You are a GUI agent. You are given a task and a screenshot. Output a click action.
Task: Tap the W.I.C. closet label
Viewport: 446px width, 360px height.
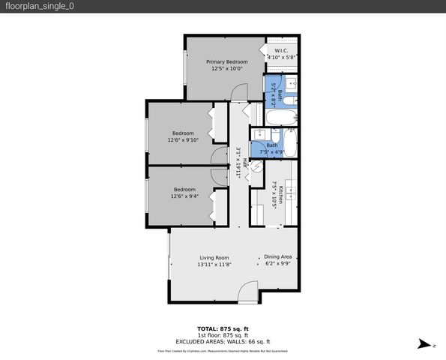pos(282,50)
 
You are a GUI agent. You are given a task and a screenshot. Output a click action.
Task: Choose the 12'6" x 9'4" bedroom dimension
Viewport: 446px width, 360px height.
pos(184,196)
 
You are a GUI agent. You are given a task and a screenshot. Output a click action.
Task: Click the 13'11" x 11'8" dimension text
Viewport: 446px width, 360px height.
pos(214,265)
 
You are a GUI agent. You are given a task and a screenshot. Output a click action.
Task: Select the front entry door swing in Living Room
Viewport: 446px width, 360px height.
pos(246,292)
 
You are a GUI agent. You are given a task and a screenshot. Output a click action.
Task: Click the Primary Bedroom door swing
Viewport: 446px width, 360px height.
pos(237,91)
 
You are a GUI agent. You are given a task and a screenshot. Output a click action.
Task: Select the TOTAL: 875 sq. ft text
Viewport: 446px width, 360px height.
pos(223,328)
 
